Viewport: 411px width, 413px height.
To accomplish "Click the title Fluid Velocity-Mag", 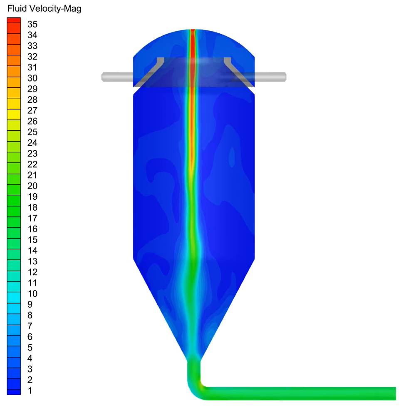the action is point(44,9).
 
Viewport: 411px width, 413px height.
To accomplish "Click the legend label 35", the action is point(32,24).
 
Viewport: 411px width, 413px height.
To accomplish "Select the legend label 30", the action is point(32,78).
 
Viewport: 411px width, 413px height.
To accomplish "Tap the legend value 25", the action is point(32,132).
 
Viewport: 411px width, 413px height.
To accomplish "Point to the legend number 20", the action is point(32,186).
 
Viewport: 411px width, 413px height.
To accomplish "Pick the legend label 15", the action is point(32,240).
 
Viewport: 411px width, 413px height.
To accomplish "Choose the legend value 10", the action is point(32,294).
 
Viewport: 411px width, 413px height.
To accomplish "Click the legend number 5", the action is point(30,348).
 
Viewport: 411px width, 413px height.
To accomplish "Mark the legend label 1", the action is point(30,391).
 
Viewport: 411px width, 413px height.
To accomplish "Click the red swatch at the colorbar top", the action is point(14,20).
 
